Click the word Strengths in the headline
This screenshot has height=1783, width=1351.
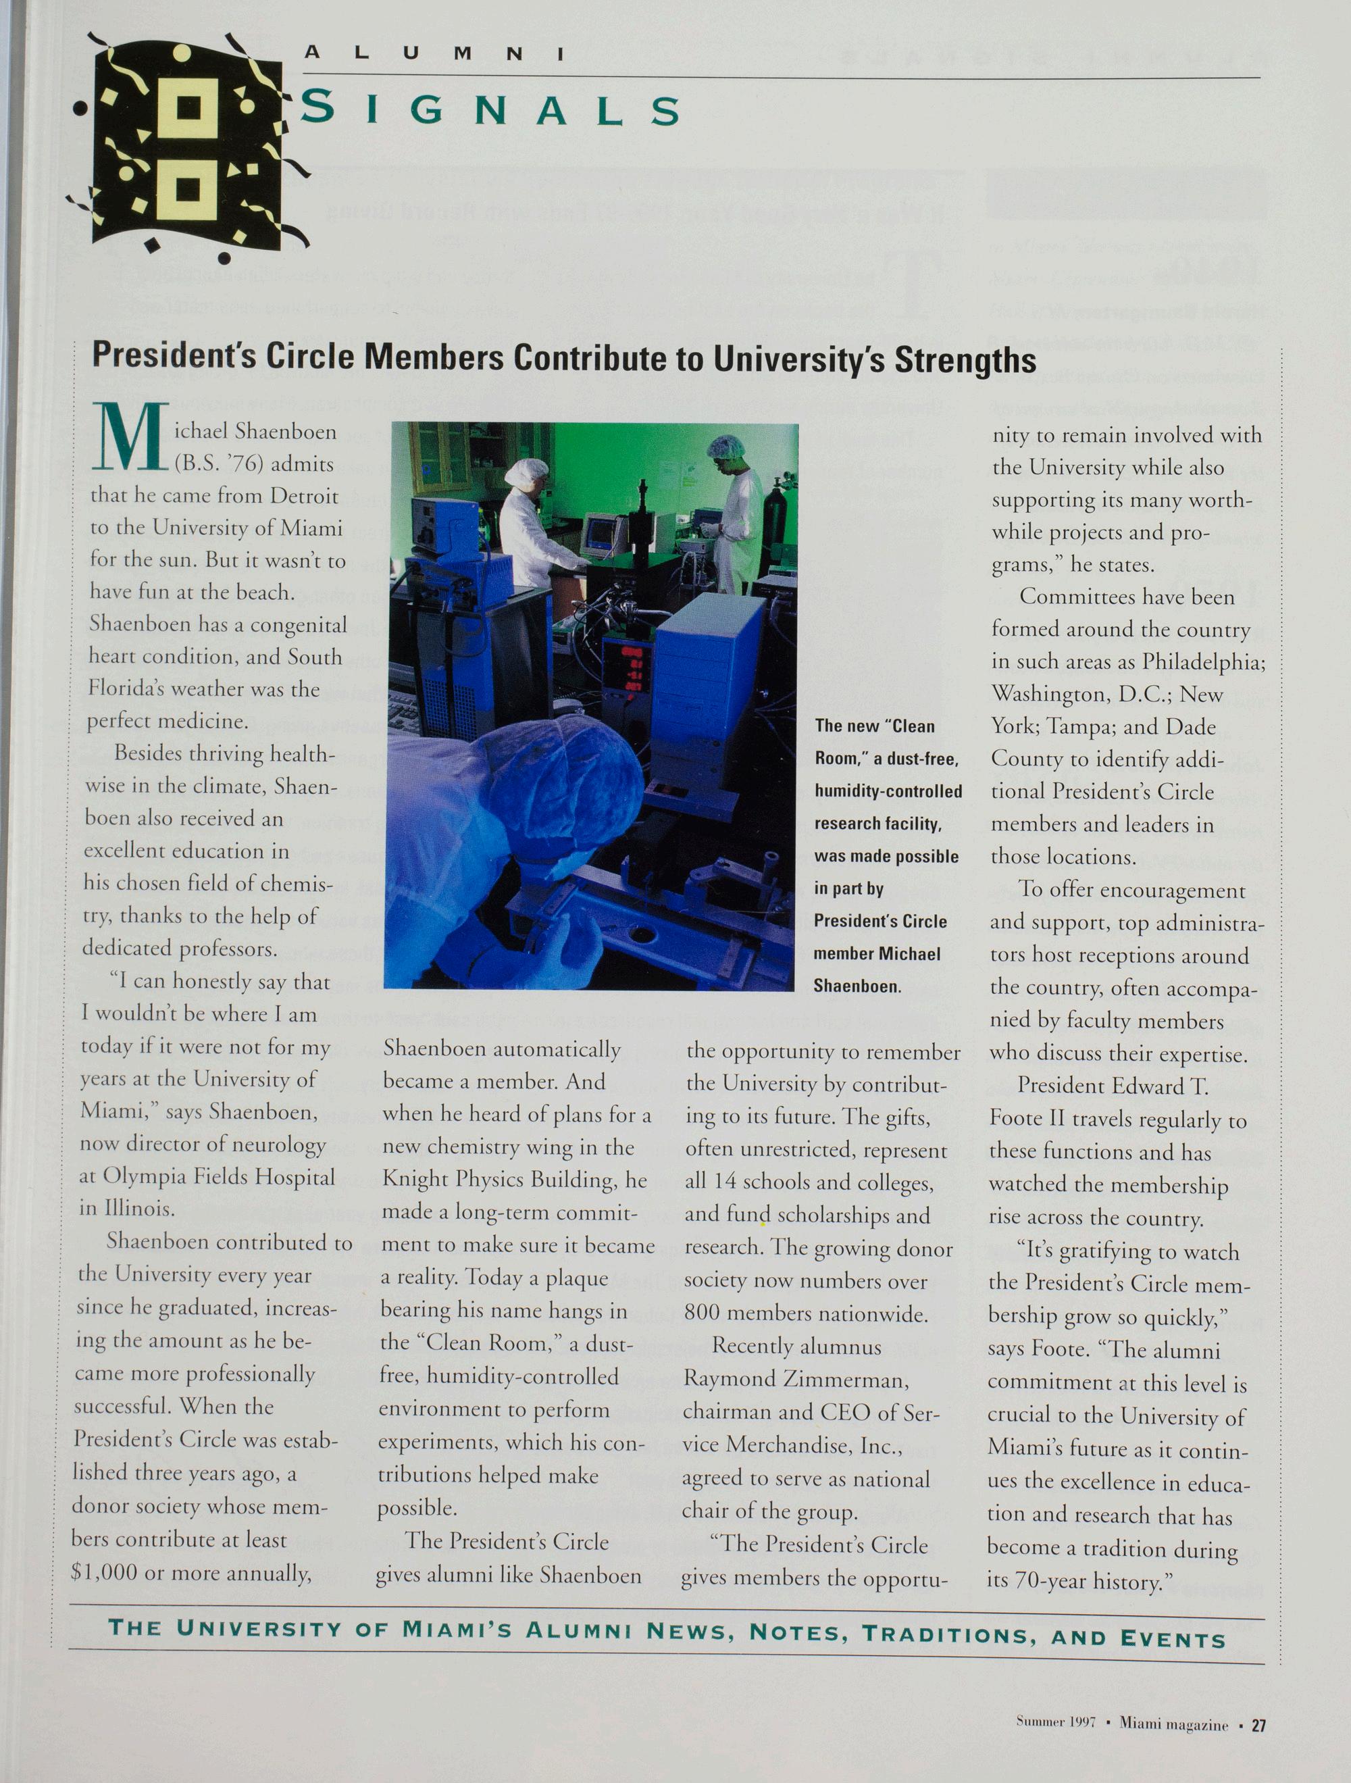[x=964, y=360]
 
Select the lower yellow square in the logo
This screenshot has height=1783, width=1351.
[x=187, y=189]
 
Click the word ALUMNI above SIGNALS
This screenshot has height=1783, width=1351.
[x=433, y=54]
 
